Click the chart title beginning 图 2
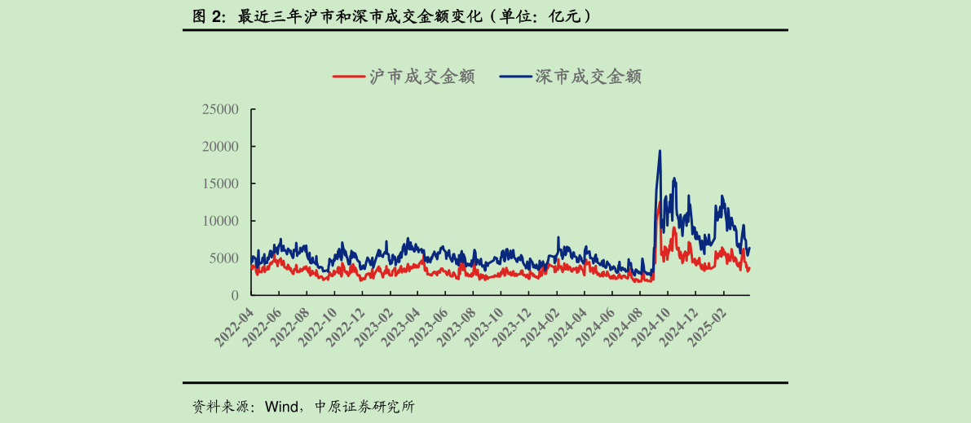click(391, 15)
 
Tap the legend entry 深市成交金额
click(588, 77)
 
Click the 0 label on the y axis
click(235, 295)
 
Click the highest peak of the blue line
click(660, 151)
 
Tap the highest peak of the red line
click(659, 201)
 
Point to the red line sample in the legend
click(348, 77)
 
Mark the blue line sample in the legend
click(514, 77)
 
